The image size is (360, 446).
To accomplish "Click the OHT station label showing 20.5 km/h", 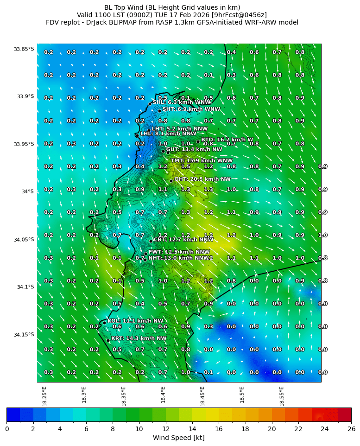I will tap(202, 179).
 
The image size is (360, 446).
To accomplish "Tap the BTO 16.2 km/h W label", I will tap(227, 140).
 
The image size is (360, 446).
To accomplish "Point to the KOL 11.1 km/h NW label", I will tap(135, 320).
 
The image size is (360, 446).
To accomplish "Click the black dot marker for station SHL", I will tap(150, 104).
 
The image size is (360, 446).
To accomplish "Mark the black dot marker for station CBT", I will tap(151, 241).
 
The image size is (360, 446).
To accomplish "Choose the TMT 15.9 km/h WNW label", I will tap(202, 161).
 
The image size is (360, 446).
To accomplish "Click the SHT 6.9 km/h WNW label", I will tap(191, 109).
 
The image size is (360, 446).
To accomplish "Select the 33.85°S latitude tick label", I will tap(24, 49).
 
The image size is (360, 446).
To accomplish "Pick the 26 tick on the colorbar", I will tap(351, 429).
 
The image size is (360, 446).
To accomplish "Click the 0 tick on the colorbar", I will tap(7, 429).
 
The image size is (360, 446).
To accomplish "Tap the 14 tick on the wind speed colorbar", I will tap(192, 429).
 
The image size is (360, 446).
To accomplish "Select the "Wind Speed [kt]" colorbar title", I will tap(179, 438).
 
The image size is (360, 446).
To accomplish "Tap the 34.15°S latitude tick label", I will tap(24, 335).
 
